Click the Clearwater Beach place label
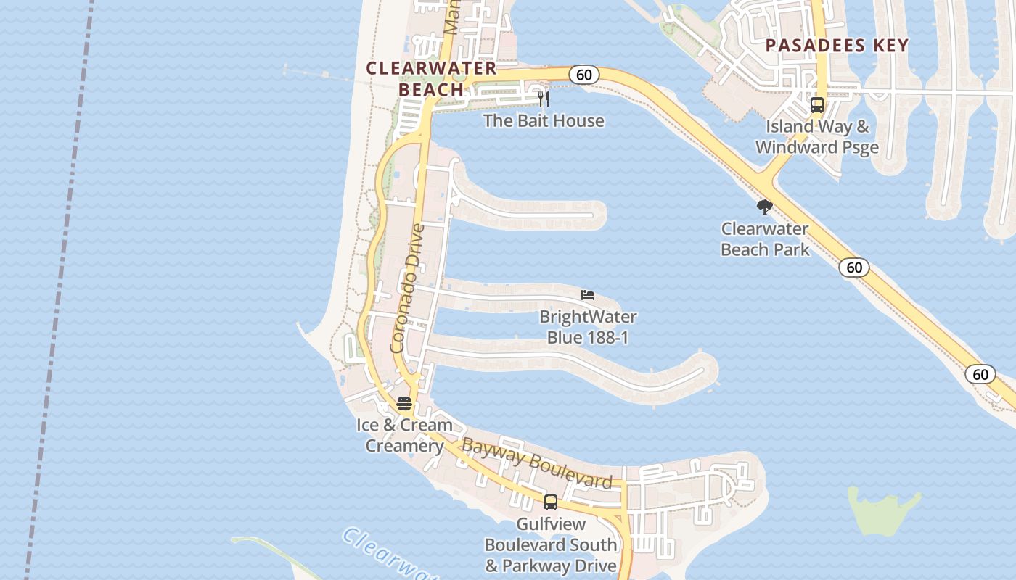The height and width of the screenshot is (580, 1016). (431, 79)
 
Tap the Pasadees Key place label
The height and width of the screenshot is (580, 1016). (837, 46)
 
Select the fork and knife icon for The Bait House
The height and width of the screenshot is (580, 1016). (544, 99)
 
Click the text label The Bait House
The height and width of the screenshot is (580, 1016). (544, 120)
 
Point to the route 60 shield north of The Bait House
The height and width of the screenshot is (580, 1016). (583, 75)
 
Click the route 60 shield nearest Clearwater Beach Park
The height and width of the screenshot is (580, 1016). (854, 268)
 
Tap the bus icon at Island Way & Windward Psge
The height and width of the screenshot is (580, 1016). (817, 105)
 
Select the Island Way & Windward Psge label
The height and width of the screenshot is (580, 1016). (817, 136)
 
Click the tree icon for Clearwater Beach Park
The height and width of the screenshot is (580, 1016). (764, 208)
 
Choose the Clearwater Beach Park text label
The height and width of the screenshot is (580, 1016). (765, 239)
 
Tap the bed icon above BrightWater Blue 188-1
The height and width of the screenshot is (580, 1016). (588, 295)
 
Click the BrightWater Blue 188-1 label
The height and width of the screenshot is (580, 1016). (588, 327)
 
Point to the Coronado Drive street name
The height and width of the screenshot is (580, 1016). (407, 289)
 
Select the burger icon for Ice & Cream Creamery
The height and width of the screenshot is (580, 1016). (404, 404)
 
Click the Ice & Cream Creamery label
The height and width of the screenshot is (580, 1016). (404, 435)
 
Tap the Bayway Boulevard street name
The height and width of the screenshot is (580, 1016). (537, 463)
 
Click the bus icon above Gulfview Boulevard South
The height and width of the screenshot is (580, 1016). (551, 502)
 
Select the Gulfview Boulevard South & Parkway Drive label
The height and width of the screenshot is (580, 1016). (551, 544)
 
